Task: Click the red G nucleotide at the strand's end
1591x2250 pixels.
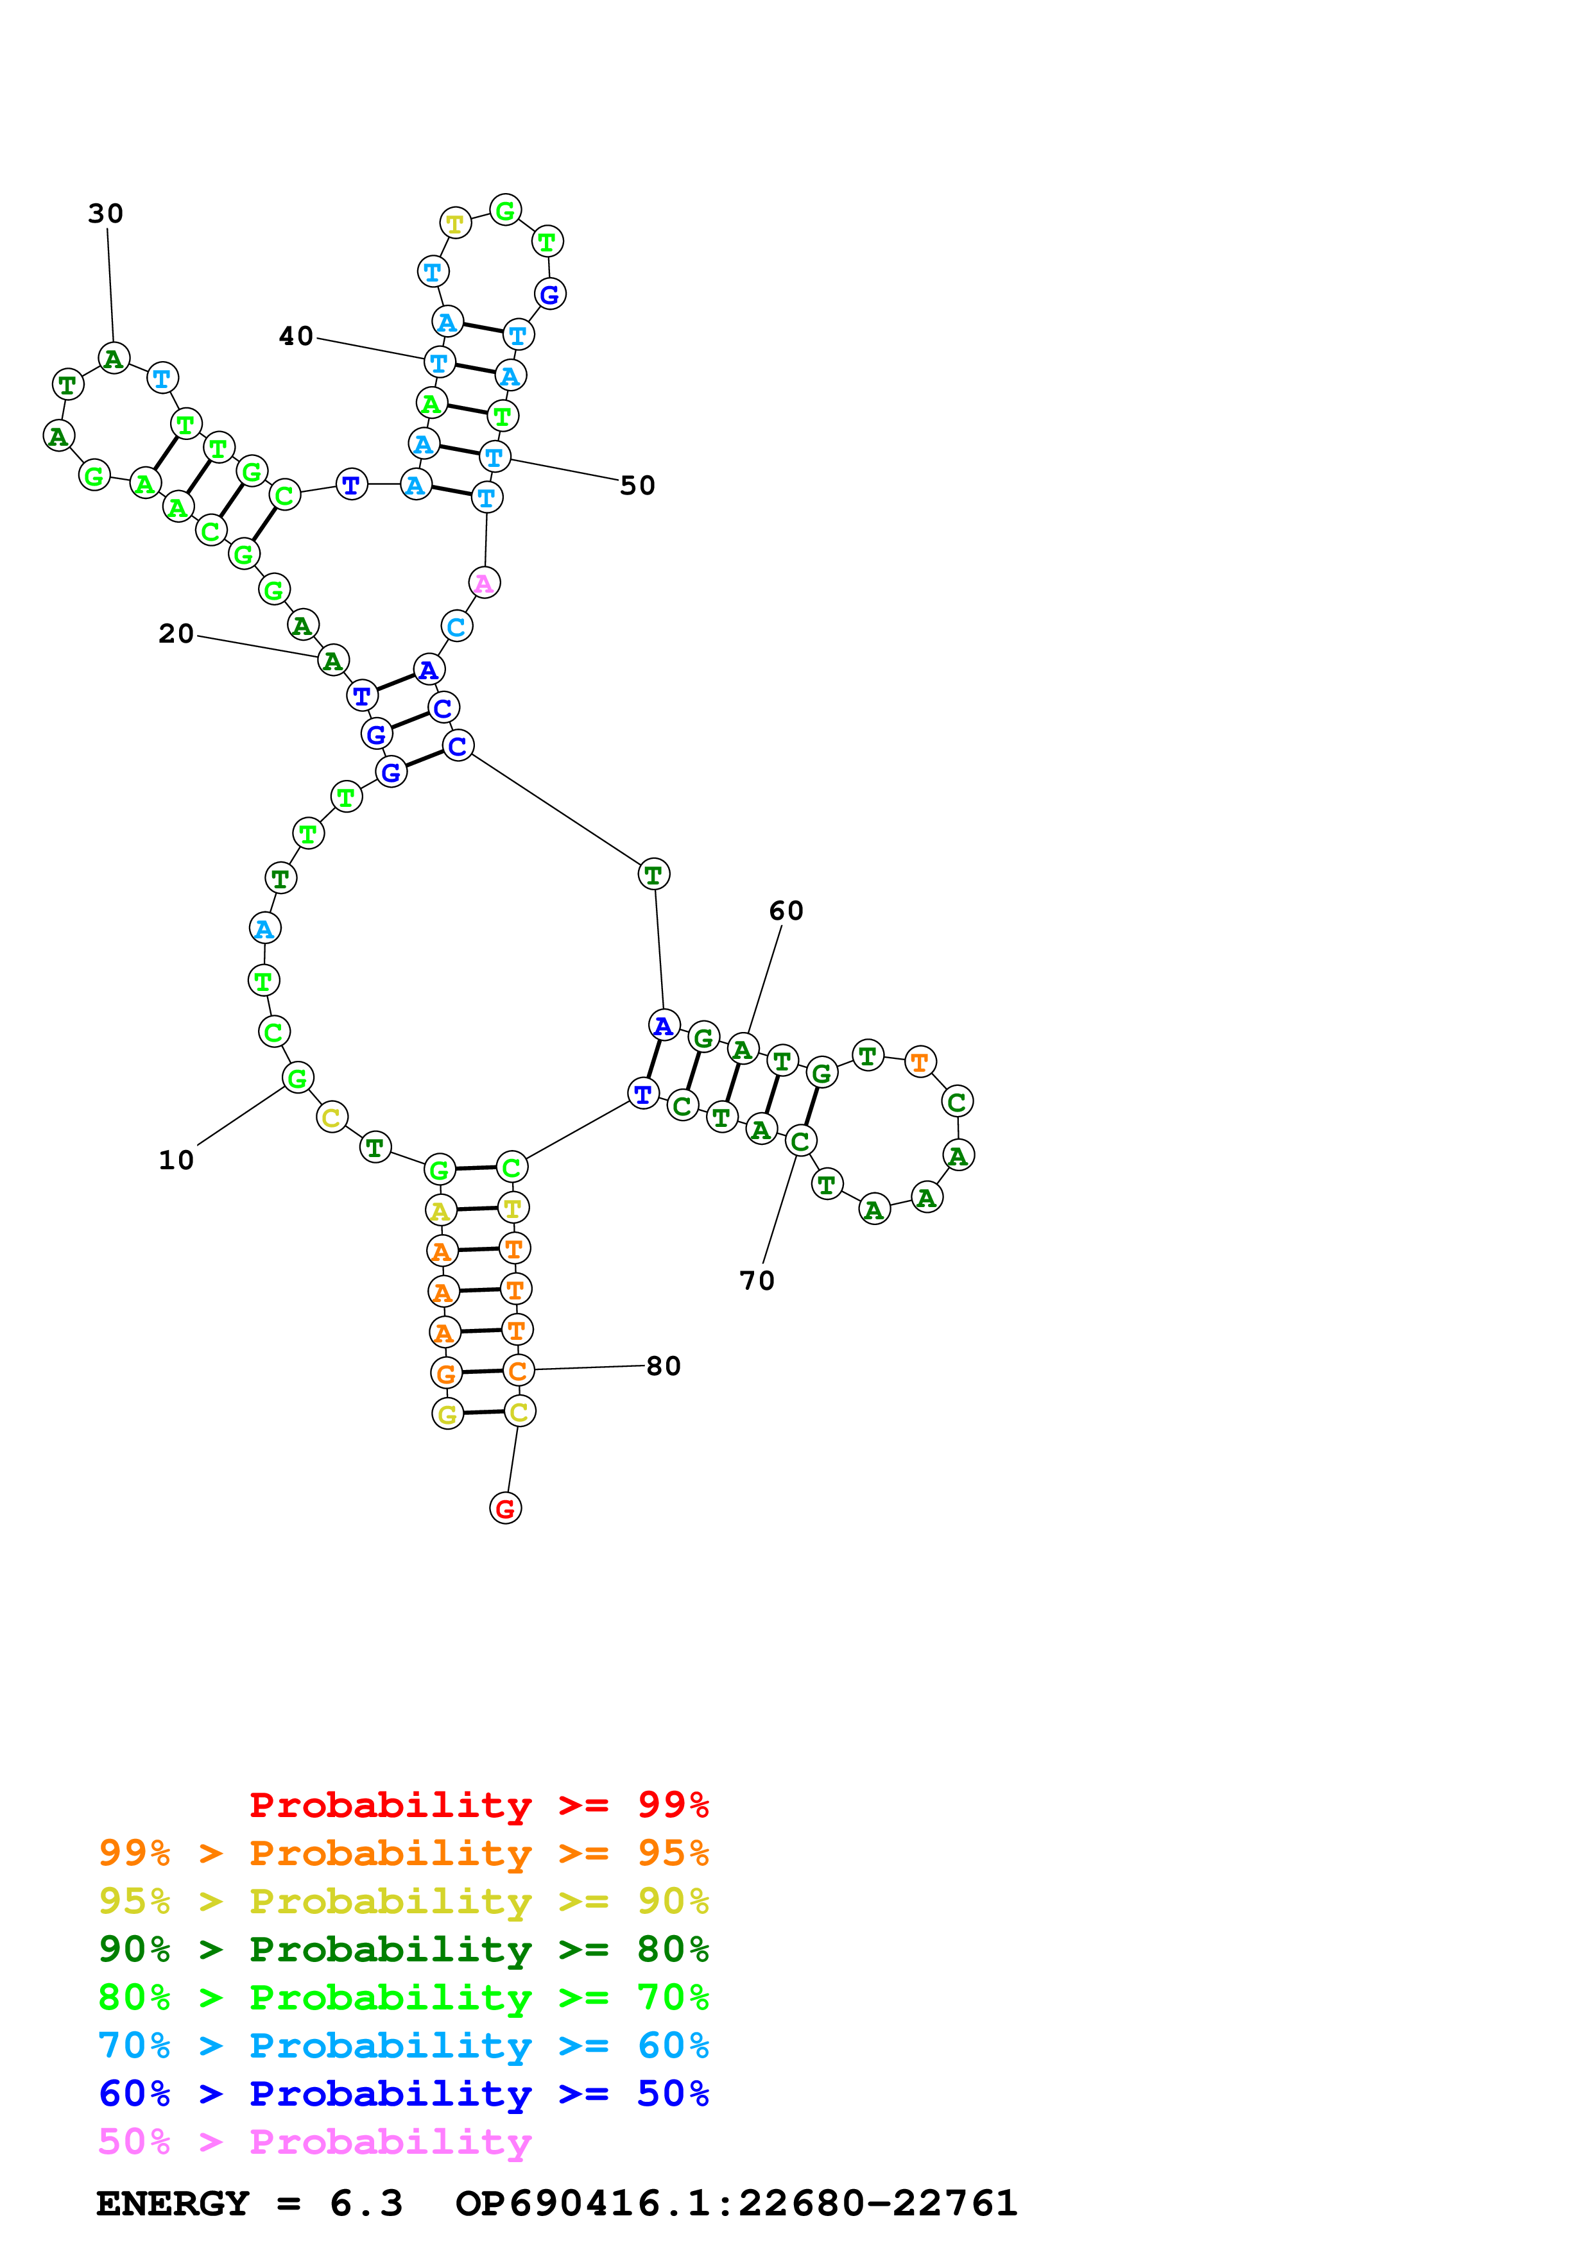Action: click(505, 1508)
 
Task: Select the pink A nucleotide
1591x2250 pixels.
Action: click(485, 583)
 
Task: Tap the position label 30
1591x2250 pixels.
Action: click(106, 214)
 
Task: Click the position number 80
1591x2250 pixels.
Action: click(664, 1366)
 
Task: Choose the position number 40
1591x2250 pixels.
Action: click(296, 336)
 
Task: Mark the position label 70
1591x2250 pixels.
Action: click(757, 1281)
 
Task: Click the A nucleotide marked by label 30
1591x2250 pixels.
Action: click(114, 359)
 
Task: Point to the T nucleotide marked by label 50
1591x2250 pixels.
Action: click(494, 457)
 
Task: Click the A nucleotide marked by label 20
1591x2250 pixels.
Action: click(333, 661)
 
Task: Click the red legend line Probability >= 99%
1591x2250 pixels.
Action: click(478, 1804)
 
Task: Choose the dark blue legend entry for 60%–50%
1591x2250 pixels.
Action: click(403, 2094)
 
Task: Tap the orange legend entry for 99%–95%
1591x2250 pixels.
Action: click(403, 1852)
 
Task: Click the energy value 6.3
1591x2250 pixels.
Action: click(366, 2203)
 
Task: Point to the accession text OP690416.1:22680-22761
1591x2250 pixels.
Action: click(736, 2203)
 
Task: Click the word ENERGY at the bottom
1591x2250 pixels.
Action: click(173, 2203)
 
